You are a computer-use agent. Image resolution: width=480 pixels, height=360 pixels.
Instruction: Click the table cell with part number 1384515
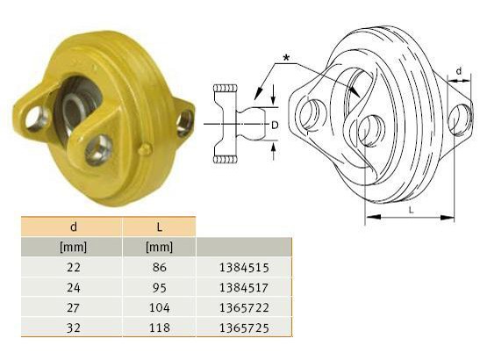[x=244, y=267]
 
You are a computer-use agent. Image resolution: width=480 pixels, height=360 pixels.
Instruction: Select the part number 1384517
[x=244, y=288]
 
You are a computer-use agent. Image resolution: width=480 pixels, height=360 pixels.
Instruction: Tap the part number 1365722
[x=244, y=307]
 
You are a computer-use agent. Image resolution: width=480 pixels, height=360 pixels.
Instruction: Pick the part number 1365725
[x=244, y=328]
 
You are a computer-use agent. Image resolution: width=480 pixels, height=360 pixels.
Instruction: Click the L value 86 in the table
[x=159, y=267]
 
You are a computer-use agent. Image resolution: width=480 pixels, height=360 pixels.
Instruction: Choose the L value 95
[x=159, y=288]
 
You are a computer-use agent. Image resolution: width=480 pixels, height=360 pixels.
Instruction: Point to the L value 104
[x=159, y=307]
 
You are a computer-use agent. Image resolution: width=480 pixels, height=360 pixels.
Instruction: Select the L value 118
[x=159, y=328]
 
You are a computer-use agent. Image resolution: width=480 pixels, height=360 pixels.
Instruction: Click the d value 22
[x=74, y=267]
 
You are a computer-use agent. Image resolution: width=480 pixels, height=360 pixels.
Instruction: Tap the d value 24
[x=74, y=288]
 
